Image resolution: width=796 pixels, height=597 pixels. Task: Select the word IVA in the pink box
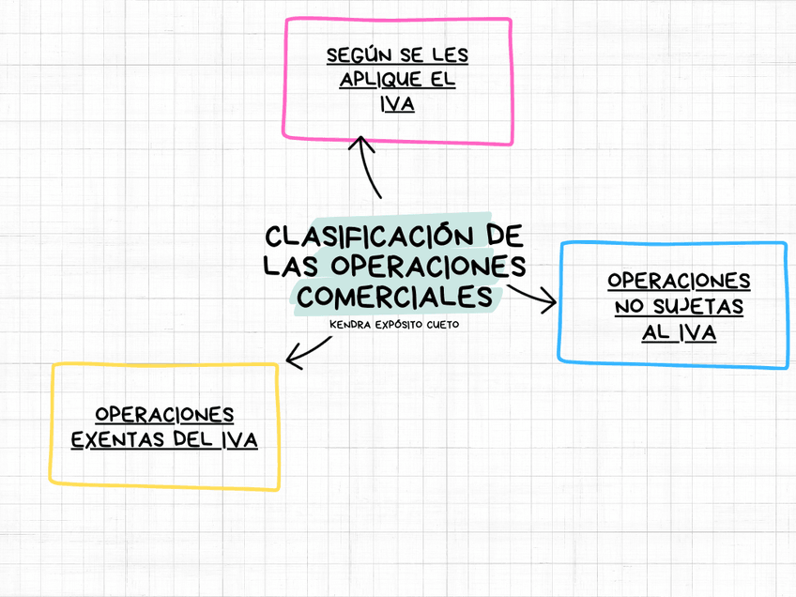(398, 104)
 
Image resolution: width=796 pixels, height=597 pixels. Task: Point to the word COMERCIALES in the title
(395, 296)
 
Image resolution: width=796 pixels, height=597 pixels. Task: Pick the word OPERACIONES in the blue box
(679, 280)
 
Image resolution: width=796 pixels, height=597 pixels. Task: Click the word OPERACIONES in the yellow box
(164, 414)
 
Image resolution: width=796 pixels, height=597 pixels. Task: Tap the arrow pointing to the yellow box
(308, 350)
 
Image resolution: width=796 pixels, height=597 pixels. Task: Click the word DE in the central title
(505, 235)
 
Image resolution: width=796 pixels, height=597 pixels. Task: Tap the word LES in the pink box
(451, 54)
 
